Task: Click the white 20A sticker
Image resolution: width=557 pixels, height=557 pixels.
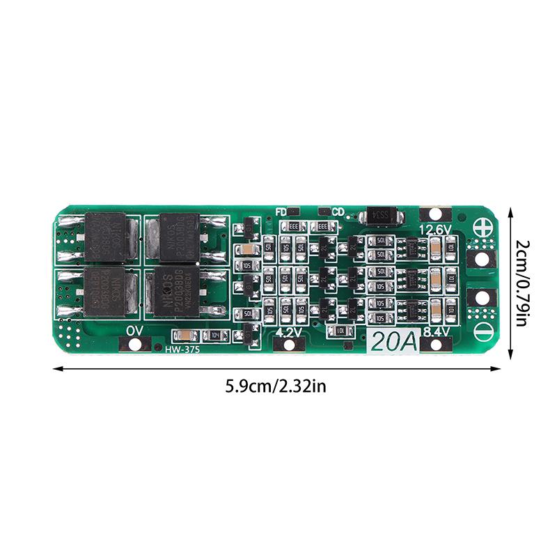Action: point(392,342)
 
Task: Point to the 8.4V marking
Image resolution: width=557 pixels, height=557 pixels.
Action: point(435,332)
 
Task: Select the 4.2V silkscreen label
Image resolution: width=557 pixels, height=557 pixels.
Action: point(289,332)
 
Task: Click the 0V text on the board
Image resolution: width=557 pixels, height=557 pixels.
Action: point(135,330)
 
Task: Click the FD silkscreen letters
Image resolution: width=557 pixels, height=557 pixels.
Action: point(281,212)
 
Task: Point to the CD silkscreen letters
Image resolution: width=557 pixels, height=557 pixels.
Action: point(338,212)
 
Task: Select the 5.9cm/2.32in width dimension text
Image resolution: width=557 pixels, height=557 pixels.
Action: point(276,386)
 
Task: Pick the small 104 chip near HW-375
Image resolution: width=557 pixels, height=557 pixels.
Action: point(216,336)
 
